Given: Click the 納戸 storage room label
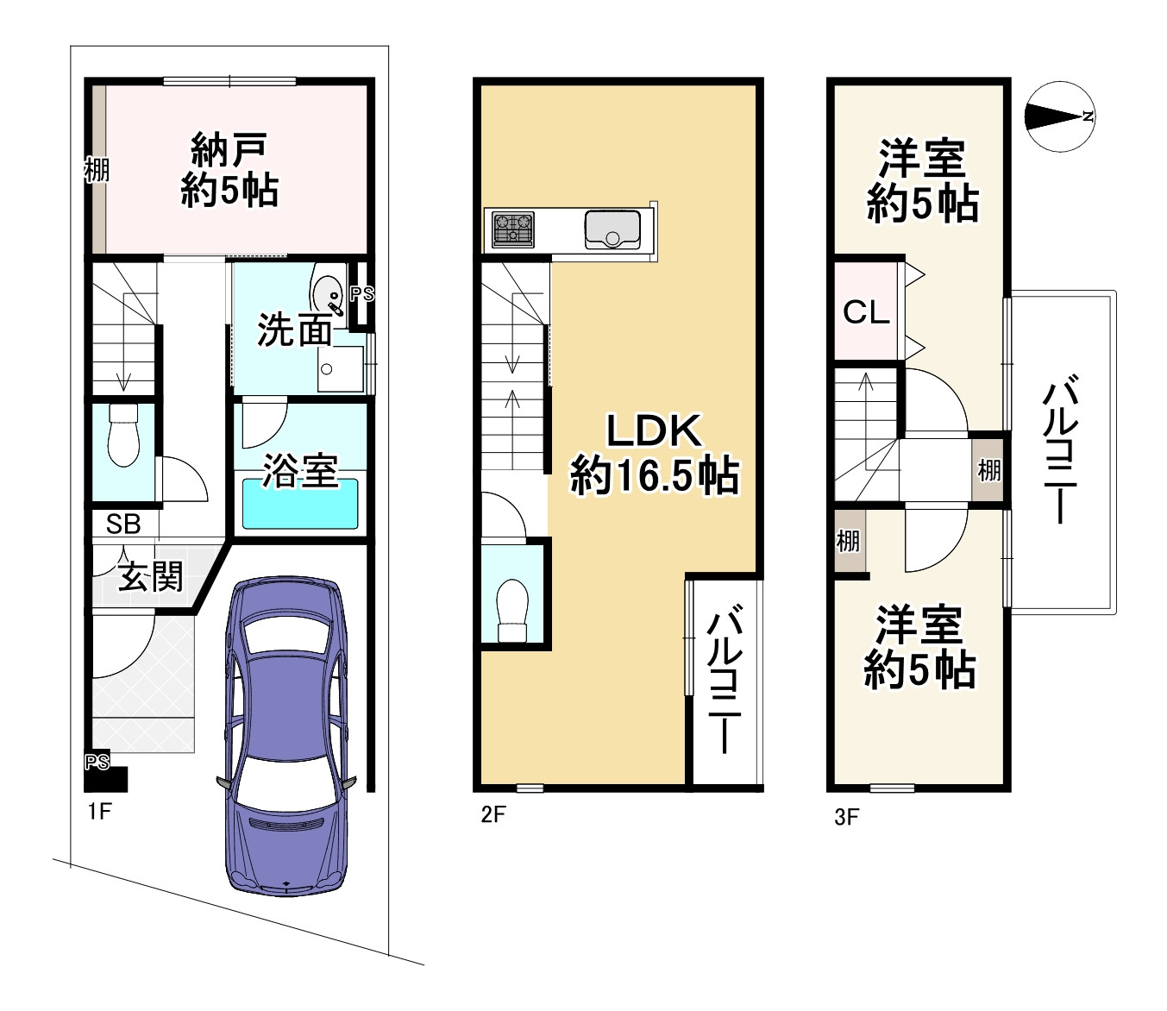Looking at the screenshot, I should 229,151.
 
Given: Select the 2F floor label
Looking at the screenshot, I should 493,813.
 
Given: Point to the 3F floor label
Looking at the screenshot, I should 846,816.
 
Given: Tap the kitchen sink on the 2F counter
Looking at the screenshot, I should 612,229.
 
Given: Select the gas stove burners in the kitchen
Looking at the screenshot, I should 513,229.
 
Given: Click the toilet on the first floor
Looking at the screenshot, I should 124,436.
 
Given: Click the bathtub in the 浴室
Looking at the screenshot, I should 300,504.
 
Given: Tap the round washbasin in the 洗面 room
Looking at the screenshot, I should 328,292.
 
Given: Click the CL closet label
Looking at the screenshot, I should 866,311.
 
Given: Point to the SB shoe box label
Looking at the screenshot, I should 123,524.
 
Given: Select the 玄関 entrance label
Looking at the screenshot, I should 151,575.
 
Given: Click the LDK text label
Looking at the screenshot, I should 654,430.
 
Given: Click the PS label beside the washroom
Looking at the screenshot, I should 362,293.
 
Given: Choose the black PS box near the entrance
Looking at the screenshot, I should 106,777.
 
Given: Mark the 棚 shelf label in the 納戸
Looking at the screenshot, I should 97,170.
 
